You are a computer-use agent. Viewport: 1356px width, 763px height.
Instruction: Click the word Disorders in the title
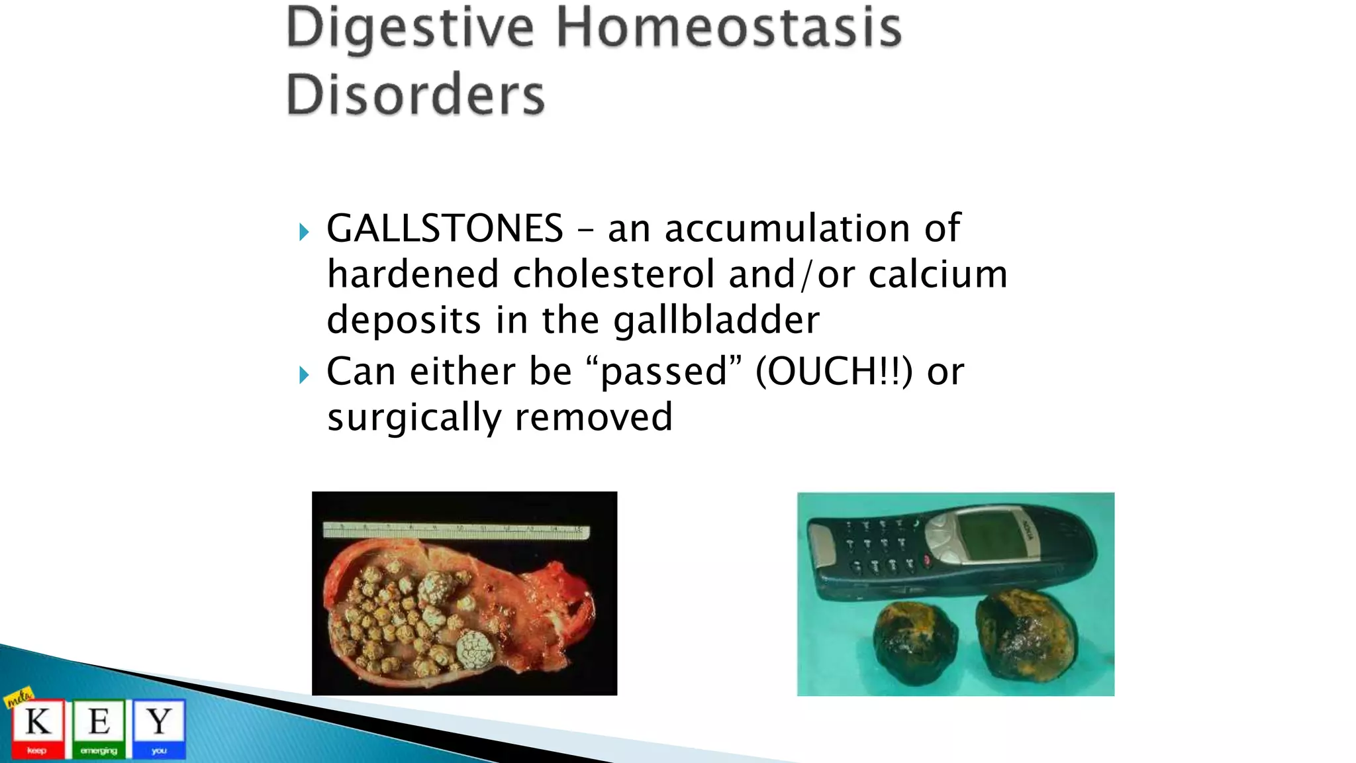pos(415,94)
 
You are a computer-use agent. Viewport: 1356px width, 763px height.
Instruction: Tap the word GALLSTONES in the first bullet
pos(444,229)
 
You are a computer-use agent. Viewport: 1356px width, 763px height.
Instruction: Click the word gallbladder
pos(716,321)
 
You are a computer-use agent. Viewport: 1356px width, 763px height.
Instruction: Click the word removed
pos(593,417)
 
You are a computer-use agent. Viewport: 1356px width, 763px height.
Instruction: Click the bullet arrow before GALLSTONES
pos(304,232)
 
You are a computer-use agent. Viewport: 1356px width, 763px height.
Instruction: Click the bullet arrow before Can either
pos(304,375)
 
